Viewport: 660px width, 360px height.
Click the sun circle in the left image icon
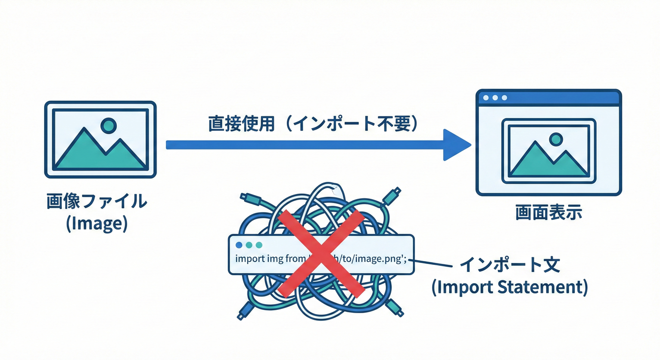click(x=109, y=125)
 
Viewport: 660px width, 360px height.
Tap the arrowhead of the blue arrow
click(x=456, y=145)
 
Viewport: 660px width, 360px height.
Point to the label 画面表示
click(x=548, y=212)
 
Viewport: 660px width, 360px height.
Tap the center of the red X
click(x=321, y=253)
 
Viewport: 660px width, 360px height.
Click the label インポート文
click(x=510, y=265)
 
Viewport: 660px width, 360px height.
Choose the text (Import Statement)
click(x=510, y=287)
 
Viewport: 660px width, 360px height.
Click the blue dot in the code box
click(x=240, y=245)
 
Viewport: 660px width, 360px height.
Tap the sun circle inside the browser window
click(x=556, y=139)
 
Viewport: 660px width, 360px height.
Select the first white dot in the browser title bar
click(x=486, y=97)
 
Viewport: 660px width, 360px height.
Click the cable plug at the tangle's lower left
click(x=244, y=311)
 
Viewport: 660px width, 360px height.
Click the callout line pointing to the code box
click(x=434, y=264)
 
